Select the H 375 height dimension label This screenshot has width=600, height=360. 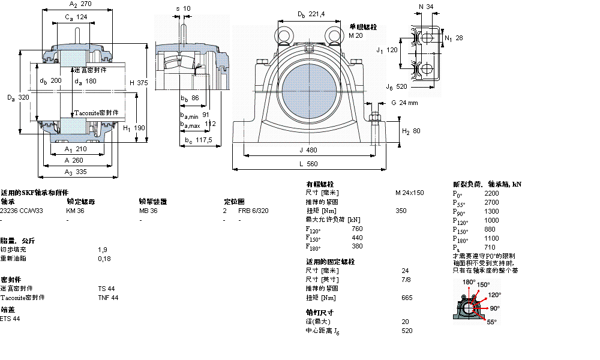tap(137, 83)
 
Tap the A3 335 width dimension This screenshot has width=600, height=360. tap(76, 171)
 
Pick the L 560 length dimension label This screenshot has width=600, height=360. tap(308, 163)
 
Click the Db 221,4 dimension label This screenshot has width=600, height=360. tap(311, 14)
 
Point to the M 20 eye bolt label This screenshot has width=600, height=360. tap(356, 35)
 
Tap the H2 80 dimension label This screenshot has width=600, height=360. tap(410, 130)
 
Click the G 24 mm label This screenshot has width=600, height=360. tap(404, 103)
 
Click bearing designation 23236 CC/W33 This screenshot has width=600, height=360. tap(22, 211)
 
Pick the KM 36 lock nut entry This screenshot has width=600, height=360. tap(75, 211)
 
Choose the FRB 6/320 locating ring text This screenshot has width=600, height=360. tap(253, 211)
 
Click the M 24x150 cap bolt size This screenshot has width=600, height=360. tap(409, 193)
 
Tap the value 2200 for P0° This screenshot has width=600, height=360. tap(491, 194)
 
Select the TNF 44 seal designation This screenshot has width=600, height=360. tap(108, 298)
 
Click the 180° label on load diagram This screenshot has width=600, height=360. tap(469, 281)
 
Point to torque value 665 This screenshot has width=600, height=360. tap(406, 298)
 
